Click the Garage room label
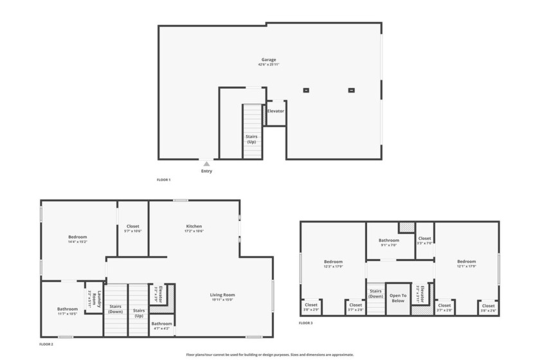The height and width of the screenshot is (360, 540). (269, 60)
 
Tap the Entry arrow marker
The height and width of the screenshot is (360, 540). (206, 164)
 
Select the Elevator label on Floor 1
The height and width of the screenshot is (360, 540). (276, 111)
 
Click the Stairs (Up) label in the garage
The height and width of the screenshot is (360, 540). (251, 138)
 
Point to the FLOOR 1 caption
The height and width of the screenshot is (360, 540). (164, 180)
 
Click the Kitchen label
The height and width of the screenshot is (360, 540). (194, 226)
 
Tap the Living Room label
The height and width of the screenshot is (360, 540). (222, 295)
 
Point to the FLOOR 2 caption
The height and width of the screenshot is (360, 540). (46, 345)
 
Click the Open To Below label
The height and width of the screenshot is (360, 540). (398, 298)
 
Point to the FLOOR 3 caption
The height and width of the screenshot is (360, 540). (306, 323)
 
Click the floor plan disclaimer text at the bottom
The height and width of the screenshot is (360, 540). (270, 354)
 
